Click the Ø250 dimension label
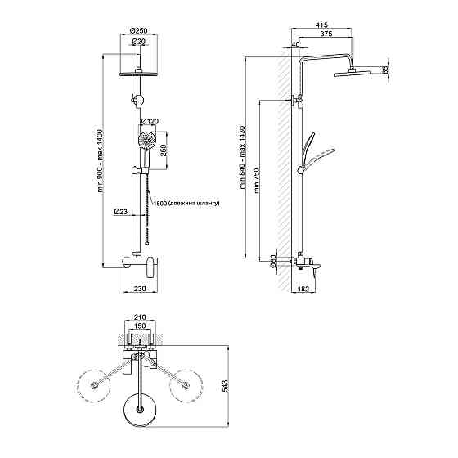(139, 30)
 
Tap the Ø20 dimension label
(139, 42)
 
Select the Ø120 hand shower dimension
(150, 121)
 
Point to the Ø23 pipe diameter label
(121, 211)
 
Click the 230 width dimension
(140, 289)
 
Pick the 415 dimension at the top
(321, 25)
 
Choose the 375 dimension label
(326, 34)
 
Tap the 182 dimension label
(303, 289)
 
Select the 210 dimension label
(140, 317)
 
